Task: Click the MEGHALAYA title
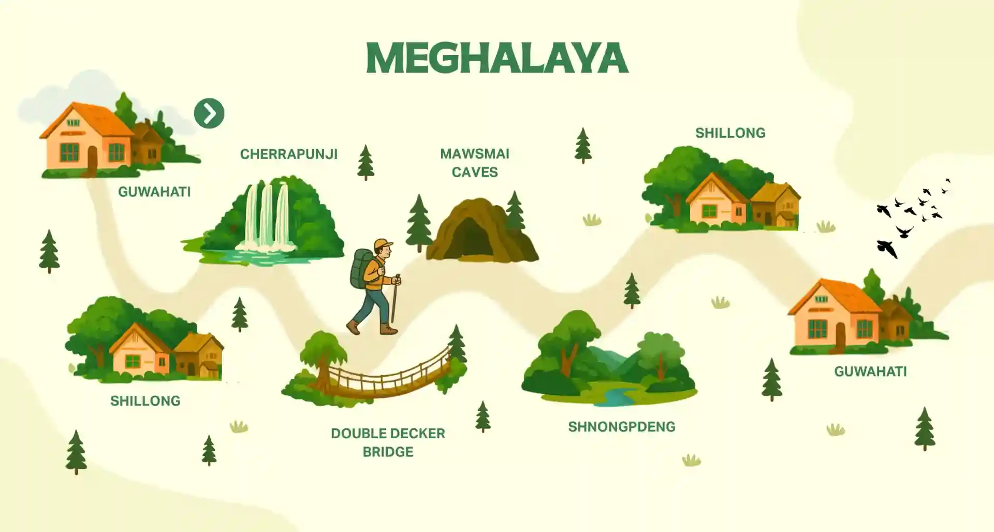[497, 57]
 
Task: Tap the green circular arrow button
[209, 113]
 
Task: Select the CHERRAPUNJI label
[288, 154]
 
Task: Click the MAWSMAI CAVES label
[475, 163]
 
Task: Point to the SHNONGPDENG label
[621, 427]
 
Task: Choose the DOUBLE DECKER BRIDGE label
[388, 442]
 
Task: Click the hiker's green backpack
[361, 268]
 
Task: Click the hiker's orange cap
[383, 243]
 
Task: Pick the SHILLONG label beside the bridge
[145, 401]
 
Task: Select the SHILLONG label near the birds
[730, 133]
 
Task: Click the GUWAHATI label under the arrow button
[154, 192]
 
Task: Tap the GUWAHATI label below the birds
[870, 371]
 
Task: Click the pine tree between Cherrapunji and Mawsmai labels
[366, 162]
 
